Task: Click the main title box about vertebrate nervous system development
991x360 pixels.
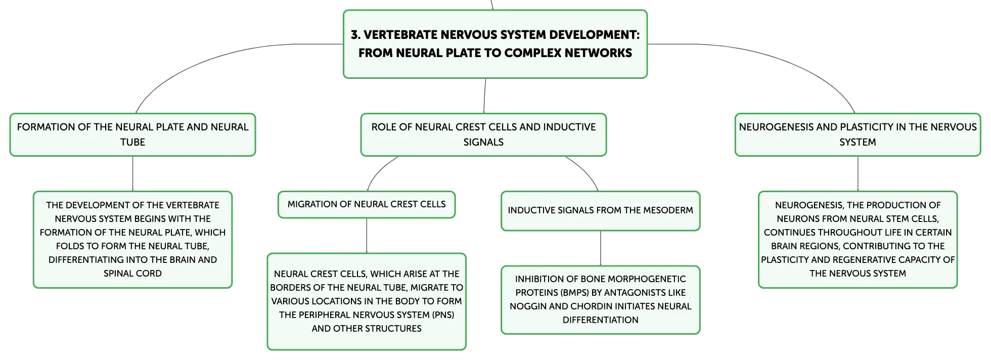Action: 495,44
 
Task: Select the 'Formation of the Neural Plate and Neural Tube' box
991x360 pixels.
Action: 132,134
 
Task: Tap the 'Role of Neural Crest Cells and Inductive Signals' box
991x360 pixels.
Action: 483,134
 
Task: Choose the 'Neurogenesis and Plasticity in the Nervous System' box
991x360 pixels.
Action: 858,134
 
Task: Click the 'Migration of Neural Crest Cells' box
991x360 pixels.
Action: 367,204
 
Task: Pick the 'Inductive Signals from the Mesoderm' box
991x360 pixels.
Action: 600,211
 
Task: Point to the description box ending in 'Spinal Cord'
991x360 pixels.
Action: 132,240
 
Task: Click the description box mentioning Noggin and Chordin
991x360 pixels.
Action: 600,300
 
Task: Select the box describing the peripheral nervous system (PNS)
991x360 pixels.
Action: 367,301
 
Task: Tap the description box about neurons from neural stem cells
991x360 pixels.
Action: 858,240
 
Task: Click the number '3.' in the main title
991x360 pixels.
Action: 355,35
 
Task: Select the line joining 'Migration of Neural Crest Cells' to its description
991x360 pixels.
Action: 367,236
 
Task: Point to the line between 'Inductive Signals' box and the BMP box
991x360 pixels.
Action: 600,248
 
